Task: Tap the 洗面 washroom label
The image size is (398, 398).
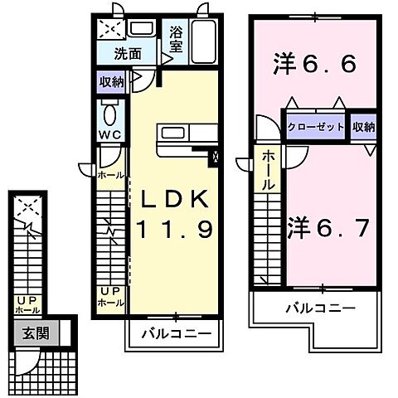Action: [x=129, y=55]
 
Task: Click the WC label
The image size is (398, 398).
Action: [x=111, y=133]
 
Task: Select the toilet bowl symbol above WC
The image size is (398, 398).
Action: [x=110, y=113]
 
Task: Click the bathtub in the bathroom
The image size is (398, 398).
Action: [x=203, y=39]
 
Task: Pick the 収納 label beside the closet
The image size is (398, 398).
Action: [x=363, y=127]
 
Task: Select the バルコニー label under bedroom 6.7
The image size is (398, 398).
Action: [x=321, y=308]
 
